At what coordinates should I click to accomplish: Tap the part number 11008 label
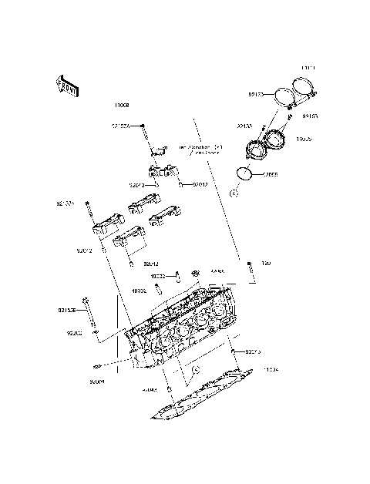click(122, 103)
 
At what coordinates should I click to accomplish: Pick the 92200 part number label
click(74, 334)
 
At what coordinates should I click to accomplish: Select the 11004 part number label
click(271, 370)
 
